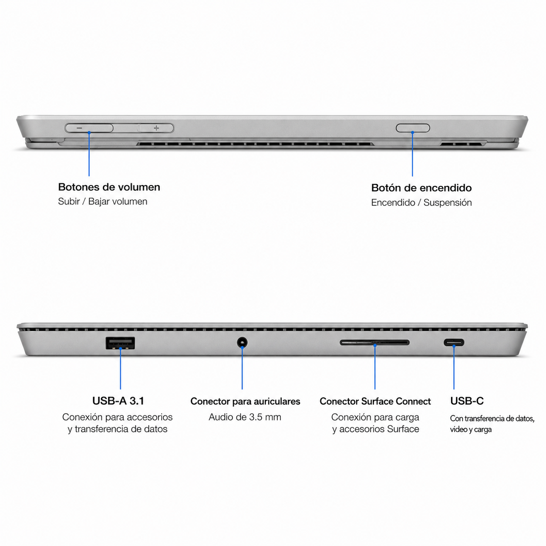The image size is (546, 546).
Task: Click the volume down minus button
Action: tap(89, 128)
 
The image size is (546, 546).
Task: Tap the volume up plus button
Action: tap(156, 128)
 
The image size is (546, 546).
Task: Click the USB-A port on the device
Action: tap(120, 343)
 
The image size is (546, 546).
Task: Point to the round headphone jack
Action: tap(242, 343)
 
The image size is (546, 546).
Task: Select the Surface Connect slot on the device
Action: tap(374, 343)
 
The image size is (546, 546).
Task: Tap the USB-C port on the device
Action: tap(454, 343)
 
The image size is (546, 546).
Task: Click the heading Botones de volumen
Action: tap(109, 187)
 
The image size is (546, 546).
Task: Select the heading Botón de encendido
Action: tap(421, 188)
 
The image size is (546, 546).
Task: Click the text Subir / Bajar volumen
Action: tap(103, 202)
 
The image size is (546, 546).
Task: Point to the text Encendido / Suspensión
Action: tap(421, 202)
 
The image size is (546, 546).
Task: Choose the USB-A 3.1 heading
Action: tap(118, 401)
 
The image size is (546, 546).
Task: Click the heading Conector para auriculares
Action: tap(245, 401)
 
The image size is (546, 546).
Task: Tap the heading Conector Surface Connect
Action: tap(375, 401)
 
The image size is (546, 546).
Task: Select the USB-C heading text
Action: tap(467, 401)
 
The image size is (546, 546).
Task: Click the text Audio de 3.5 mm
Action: tap(245, 417)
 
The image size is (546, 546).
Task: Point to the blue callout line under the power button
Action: tap(412, 154)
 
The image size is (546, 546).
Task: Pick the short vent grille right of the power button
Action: tap(463, 144)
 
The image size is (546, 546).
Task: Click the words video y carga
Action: tap(471, 430)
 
